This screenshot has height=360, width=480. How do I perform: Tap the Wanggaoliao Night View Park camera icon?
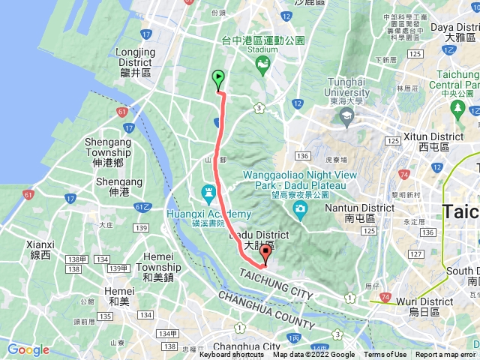click(300, 208)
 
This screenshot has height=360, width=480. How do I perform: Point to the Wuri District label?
click(425, 306)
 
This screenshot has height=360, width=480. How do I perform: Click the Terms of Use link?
click(385, 355)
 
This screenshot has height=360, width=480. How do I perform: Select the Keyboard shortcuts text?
click(231, 355)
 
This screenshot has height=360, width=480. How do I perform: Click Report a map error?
click(445, 355)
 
